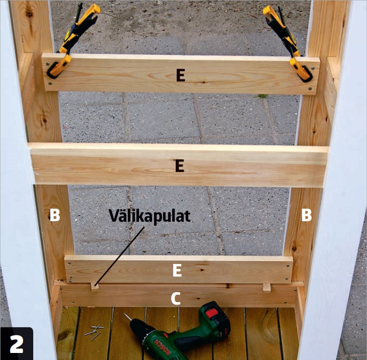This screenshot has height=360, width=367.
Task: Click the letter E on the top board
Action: click(181, 75)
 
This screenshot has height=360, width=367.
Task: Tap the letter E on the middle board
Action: click(180, 166)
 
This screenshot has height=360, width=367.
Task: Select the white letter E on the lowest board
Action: click(177, 270)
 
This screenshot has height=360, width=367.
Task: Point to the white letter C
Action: click(176, 299)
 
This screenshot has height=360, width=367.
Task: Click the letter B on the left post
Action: click(55, 215)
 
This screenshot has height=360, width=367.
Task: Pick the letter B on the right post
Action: click(307, 215)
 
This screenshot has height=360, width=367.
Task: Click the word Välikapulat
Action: click(150, 216)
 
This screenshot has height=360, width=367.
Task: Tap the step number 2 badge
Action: click(17, 344)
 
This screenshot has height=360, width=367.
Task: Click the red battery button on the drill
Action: click(212, 313)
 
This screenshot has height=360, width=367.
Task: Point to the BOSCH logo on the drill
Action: click(162, 346)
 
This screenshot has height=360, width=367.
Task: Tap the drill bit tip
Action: click(124, 314)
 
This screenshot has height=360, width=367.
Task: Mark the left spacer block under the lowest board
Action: click(95, 286)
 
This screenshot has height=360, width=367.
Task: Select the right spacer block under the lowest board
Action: click(267, 287)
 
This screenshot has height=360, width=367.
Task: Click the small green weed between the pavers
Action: click(262, 96)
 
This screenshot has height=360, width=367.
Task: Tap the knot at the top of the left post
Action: click(29, 15)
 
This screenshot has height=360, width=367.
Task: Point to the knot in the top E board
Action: click(204, 82)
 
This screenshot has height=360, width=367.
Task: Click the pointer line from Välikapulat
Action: click(119, 256)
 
